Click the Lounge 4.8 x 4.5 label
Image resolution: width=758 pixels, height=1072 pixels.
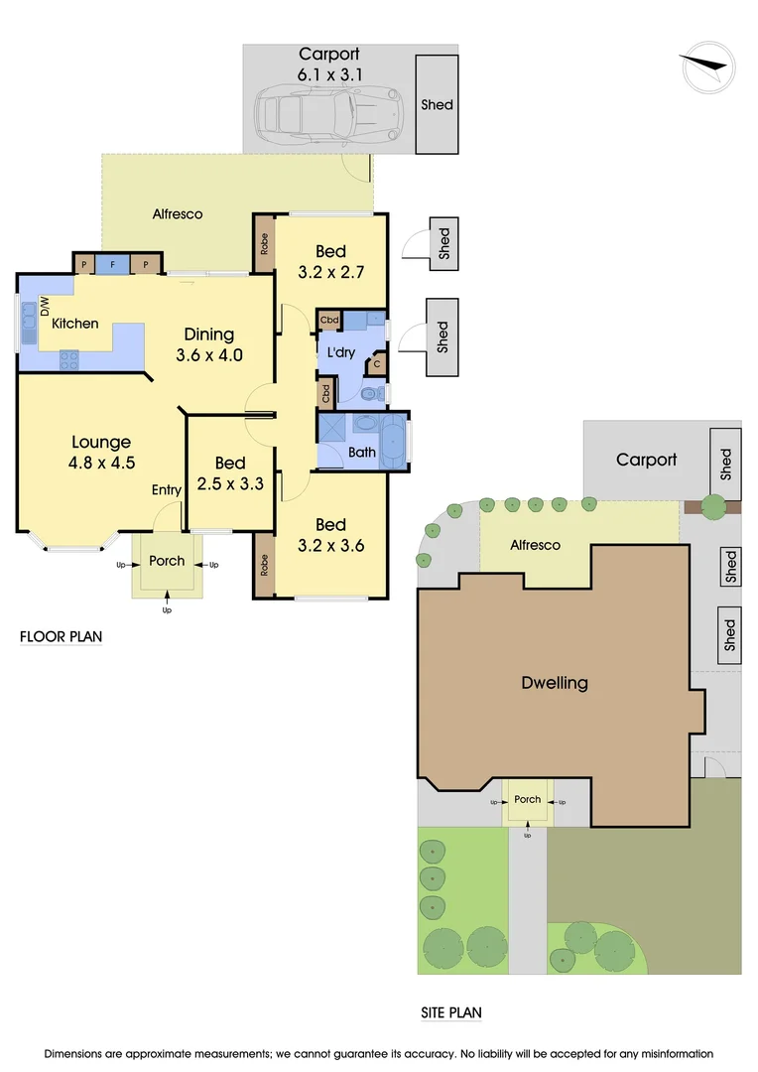pos(101,452)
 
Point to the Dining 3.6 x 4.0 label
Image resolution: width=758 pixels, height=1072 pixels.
pos(208,344)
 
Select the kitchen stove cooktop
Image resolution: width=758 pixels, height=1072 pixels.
pos(69,360)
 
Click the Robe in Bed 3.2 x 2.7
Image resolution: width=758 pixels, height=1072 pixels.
pos(264,244)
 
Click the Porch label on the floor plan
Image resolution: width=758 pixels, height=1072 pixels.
pos(167,561)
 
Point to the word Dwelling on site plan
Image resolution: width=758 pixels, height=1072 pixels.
pos(555,683)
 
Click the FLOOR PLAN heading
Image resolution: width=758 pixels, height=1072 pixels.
pos(62,636)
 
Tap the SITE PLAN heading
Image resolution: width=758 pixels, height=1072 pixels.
pos(450,1013)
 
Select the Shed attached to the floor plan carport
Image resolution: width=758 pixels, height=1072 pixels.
pos(437,104)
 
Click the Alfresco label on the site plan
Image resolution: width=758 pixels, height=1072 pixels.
pos(535,545)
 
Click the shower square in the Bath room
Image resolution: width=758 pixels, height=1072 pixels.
pos(332,430)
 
